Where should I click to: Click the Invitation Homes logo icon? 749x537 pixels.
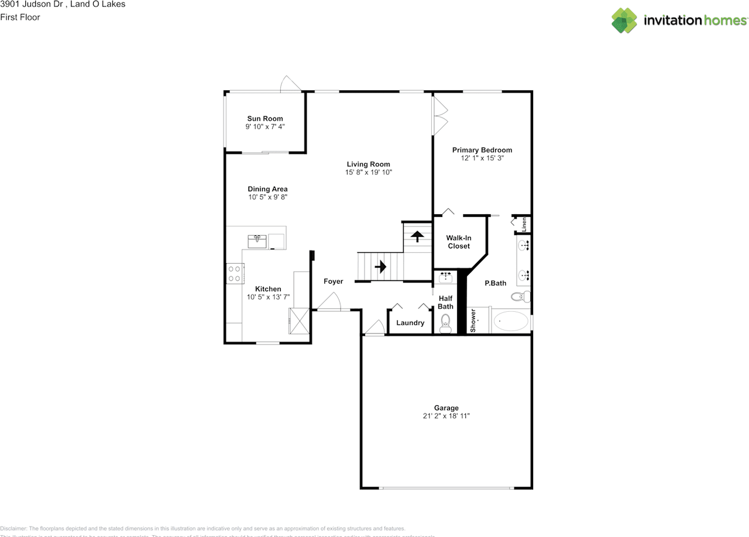click(624, 20)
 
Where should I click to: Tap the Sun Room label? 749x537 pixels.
click(264, 119)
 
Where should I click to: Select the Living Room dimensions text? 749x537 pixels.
click(368, 173)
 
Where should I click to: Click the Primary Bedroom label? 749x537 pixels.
click(482, 150)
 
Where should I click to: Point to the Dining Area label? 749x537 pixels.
click(267, 189)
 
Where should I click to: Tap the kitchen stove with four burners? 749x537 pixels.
click(235, 273)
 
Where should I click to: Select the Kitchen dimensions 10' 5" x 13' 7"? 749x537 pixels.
click(268, 297)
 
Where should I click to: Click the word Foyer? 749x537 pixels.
click(334, 281)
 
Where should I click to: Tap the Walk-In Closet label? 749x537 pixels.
click(459, 242)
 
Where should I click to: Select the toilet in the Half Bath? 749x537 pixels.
click(445, 322)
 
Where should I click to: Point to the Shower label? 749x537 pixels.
click(473, 321)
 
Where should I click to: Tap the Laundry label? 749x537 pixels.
click(410, 323)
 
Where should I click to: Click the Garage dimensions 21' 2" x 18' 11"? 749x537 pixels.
click(446, 416)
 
